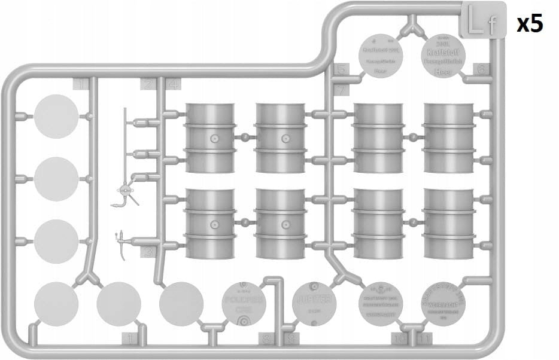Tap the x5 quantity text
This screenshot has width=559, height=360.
530,24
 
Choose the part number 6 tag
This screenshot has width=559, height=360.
482,69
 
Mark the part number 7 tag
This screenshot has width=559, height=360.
341,90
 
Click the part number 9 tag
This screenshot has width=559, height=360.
291,340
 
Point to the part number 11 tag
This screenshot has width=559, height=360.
425,340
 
